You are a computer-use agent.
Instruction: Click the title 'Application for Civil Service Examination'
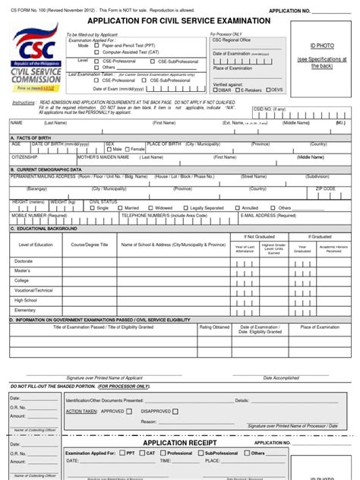click(x=168, y=21)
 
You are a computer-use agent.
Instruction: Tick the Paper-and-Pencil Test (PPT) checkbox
click(x=96, y=46)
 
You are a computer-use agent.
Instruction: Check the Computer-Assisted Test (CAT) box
click(x=96, y=52)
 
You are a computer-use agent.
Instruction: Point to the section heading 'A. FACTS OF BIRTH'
click(x=31, y=137)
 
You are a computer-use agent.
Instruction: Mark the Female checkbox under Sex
click(x=127, y=150)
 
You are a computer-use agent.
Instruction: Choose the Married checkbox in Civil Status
click(x=120, y=207)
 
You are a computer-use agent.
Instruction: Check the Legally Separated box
click(x=186, y=207)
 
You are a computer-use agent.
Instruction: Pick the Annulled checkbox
click(x=238, y=207)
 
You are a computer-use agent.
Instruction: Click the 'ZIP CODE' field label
click(x=325, y=188)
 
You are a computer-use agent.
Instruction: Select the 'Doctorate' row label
click(x=24, y=261)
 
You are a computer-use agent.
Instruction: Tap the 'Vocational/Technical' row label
click(x=33, y=290)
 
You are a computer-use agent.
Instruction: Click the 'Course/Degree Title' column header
click(x=90, y=245)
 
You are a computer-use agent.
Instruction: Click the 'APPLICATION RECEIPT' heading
click(x=185, y=442)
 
